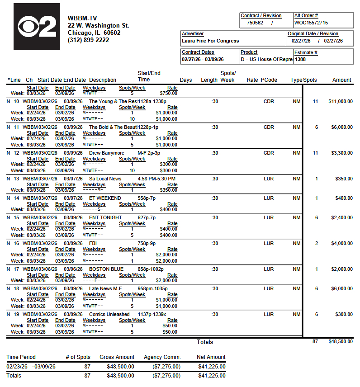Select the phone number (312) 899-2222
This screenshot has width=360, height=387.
coord(88,40)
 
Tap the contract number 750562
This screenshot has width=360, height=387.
coord(255,23)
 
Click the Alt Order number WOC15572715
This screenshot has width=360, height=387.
coord(311,23)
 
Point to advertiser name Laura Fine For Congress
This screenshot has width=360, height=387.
coord(210,41)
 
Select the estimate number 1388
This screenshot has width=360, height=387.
coord(300,59)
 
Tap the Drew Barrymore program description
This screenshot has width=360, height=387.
coord(107,153)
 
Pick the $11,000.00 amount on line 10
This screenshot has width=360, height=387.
coord(341,101)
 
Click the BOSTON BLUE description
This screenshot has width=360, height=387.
coord(106,269)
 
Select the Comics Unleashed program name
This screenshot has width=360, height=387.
coord(109,314)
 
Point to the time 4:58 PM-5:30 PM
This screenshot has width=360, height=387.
coord(156,179)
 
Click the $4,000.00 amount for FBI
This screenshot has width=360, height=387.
coord(342,243)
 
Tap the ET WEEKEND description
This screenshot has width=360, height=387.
coord(105,198)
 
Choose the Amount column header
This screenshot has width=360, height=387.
coord(341,80)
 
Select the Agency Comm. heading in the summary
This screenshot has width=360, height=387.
coord(162,357)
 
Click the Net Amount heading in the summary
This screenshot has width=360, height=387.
coord(211,357)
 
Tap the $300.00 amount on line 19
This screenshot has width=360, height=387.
coord(344,314)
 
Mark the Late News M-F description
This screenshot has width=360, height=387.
coord(105,288)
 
